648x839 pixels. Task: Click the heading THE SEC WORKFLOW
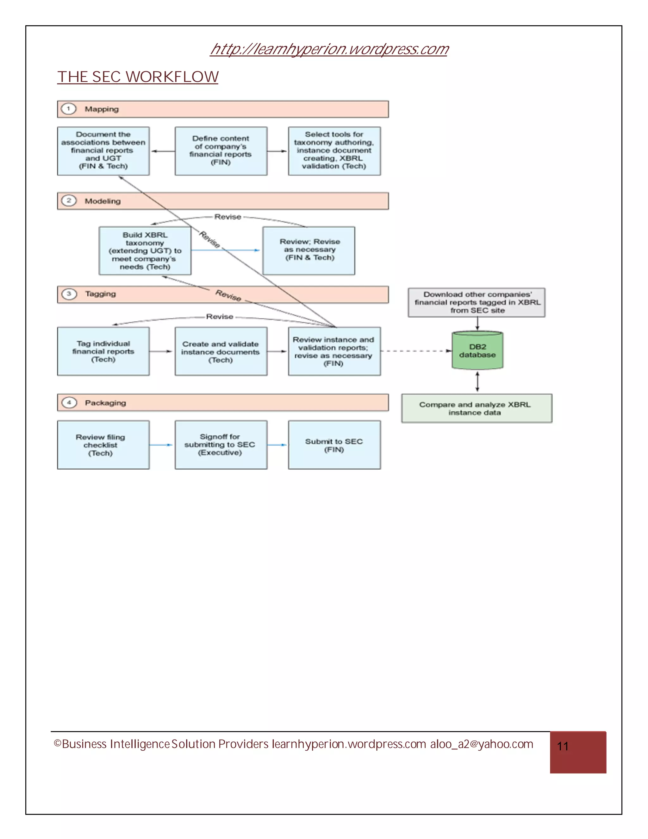(x=138, y=77)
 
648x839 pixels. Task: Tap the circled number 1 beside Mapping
(x=69, y=109)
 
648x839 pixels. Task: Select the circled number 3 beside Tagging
(x=69, y=294)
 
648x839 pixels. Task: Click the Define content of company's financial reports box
(x=221, y=151)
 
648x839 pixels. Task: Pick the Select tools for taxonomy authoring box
(x=334, y=151)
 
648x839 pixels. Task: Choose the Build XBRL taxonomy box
(x=145, y=250)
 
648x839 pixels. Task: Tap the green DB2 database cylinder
(x=477, y=351)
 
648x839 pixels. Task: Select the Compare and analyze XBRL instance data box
(x=477, y=408)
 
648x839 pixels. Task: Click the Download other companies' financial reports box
(x=477, y=302)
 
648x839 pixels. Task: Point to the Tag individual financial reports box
(x=103, y=351)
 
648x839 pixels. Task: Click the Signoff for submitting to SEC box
(x=221, y=445)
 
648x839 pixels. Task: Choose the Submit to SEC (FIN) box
(x=334, y=445)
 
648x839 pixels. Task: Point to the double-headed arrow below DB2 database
(x=477, y=382)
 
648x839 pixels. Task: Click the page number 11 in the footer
(x=563, y=747)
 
